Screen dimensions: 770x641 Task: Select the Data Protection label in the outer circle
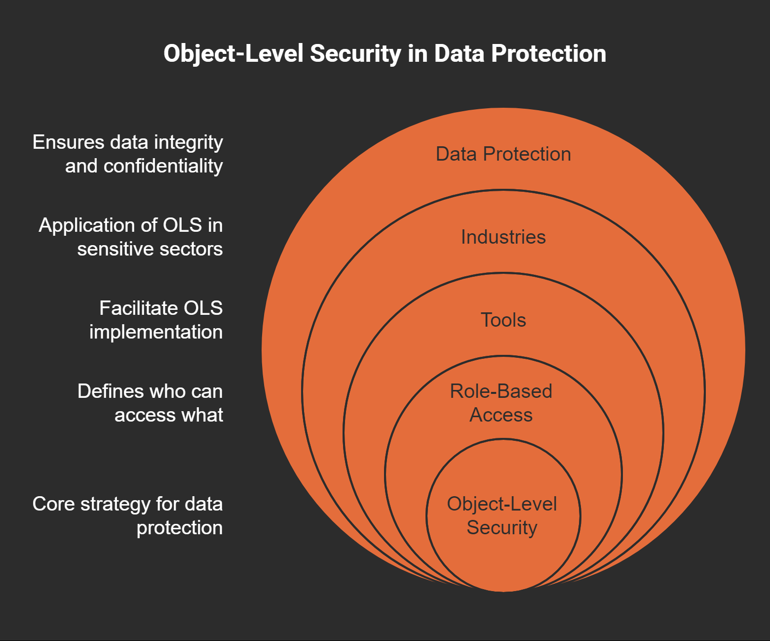503,154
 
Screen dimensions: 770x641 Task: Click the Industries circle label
503,237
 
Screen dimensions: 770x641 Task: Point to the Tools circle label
503,320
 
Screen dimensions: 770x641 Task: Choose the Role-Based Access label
501,403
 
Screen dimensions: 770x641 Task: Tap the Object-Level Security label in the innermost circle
502,515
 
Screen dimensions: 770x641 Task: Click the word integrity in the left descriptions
189,143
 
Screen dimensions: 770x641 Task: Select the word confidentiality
163,166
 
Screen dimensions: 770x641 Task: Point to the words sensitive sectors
150,249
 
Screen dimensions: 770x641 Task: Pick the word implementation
156,332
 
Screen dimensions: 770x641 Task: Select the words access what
168,415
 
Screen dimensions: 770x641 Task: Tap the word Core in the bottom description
53,504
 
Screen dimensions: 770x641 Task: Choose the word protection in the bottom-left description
179,528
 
